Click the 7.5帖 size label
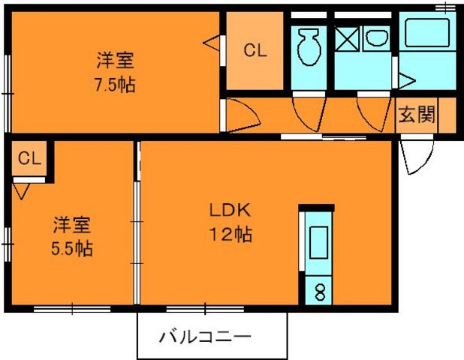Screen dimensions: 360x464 tap(116, 85)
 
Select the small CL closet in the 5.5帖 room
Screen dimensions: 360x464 tap(29, 158)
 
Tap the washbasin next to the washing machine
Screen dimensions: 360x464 tap(375, 38)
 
